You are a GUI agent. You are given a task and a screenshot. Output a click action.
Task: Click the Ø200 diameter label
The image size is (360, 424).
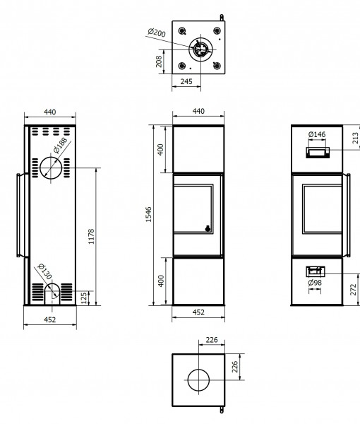(157, 33)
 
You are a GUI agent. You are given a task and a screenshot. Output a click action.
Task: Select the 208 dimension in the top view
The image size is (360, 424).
(159, 61)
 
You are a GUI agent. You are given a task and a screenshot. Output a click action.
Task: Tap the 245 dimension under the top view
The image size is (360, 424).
(186, 81)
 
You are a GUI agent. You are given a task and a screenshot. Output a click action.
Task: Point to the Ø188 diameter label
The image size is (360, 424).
(60, 146)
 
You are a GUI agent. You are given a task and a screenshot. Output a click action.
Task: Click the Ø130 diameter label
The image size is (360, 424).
(44, 271)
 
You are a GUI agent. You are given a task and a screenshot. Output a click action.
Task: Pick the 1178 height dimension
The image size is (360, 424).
(91, 236)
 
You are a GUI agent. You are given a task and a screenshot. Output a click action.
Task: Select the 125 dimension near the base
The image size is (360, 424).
(84, 298)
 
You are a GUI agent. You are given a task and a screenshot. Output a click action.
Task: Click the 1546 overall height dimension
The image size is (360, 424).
(148, 215)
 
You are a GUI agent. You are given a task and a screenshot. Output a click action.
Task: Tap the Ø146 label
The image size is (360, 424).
(317, 134)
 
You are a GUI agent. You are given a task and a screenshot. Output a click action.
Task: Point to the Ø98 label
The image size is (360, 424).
(315, 283)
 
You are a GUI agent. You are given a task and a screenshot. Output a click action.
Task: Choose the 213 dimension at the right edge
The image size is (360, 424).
(356, 138)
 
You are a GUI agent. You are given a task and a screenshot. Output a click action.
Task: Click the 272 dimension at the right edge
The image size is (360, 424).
(354, 290)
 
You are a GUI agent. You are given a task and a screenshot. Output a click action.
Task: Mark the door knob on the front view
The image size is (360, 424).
(208, 228)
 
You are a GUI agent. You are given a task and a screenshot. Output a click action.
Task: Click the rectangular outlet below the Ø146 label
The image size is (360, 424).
(318, 153)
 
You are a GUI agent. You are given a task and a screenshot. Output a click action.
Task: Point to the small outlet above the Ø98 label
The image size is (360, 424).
(315, 272)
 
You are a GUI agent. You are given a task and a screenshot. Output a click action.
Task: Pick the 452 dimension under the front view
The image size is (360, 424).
(198, 312)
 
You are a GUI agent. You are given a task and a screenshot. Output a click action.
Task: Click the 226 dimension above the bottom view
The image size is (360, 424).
(212, 340)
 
